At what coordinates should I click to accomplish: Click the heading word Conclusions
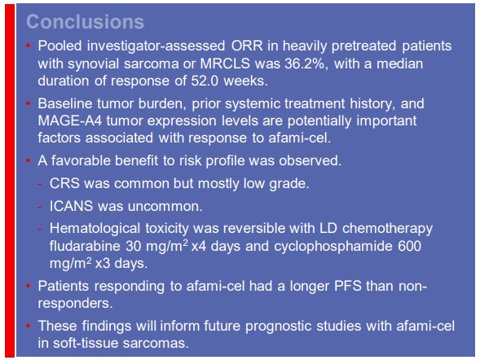click(85, 22)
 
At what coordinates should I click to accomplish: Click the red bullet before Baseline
click(29, 104)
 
